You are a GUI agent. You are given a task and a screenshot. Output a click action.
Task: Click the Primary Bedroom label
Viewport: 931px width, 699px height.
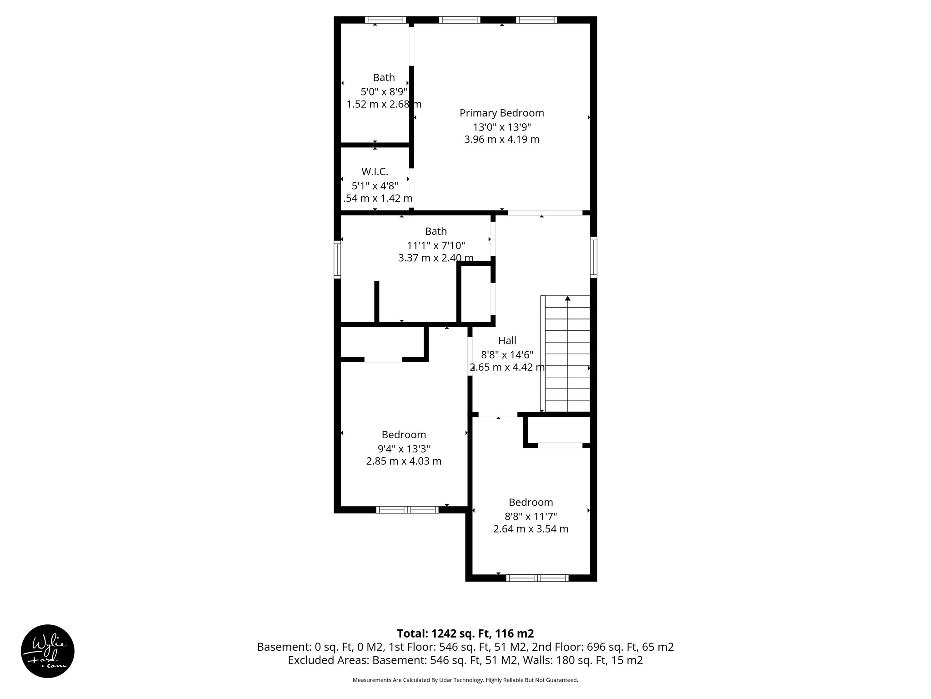pos(501,113)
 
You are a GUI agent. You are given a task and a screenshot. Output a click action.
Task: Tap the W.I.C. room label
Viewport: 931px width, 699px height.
pos(375,172)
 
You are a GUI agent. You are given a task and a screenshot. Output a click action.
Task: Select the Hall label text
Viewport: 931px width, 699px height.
pos(507,340)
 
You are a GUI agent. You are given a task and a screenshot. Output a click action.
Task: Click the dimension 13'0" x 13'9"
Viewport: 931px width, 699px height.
pos(501,127)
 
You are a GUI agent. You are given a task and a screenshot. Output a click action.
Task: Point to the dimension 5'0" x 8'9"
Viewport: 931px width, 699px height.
pos(384,91)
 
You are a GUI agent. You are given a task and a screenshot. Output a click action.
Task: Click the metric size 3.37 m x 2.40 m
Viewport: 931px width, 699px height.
pos(435,258)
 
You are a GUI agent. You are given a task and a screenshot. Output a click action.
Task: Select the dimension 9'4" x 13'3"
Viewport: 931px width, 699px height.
pos(404,449)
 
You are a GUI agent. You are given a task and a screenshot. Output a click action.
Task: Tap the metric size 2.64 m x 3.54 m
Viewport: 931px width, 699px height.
pos(531,529)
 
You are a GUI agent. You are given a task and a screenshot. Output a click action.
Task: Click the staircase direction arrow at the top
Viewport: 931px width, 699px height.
pos(567,299)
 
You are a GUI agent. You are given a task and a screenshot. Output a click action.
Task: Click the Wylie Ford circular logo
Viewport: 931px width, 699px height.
pos(48,651)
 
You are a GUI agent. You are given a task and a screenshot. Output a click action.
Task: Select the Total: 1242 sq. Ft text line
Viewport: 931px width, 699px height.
pos(465,633)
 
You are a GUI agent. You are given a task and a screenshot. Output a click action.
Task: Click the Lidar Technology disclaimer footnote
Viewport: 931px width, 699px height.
pos(465,680)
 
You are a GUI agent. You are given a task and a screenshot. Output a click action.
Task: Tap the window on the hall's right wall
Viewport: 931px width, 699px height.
pos(594,257)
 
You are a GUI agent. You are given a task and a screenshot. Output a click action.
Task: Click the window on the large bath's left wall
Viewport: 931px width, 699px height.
pos(337,259)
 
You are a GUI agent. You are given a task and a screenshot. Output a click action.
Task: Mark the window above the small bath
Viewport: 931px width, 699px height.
pos(385,20)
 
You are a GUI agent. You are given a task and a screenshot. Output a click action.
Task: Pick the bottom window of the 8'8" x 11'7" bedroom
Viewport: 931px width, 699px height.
pos(537,578)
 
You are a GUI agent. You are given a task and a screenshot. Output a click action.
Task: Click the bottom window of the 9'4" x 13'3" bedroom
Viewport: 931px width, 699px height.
pos(407,510)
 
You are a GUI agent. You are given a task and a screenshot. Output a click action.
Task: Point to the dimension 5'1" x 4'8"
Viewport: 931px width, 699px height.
pos(375,186)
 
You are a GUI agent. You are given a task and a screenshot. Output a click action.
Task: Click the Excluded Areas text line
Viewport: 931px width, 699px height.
pos(465,660)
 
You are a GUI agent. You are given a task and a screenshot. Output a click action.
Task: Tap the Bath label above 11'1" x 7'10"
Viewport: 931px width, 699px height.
pos(435,231)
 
